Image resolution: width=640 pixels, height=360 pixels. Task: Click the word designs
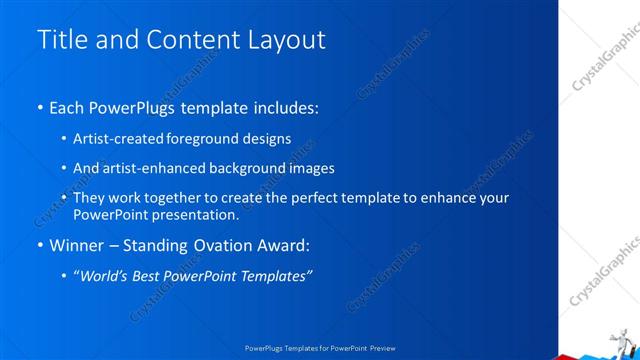click(x=267, y=138)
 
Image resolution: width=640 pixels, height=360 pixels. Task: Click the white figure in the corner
click(x=622, y=337)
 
